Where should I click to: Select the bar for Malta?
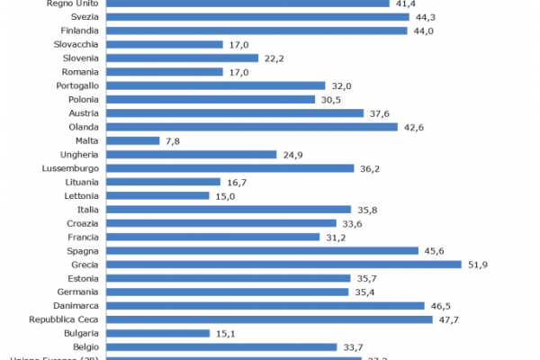tap(133, 140)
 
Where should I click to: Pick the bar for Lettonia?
tap(158, 195)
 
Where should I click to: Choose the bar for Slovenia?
tap(183, 58)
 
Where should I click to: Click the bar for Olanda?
tap(252, 127)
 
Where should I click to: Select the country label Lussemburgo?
tap(72, 168)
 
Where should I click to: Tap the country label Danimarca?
tap(76, 306)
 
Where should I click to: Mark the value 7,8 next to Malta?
tap(175, 140)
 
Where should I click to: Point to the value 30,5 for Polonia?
tap(331, 99)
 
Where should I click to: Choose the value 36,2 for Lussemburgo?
tap(371, 168)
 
